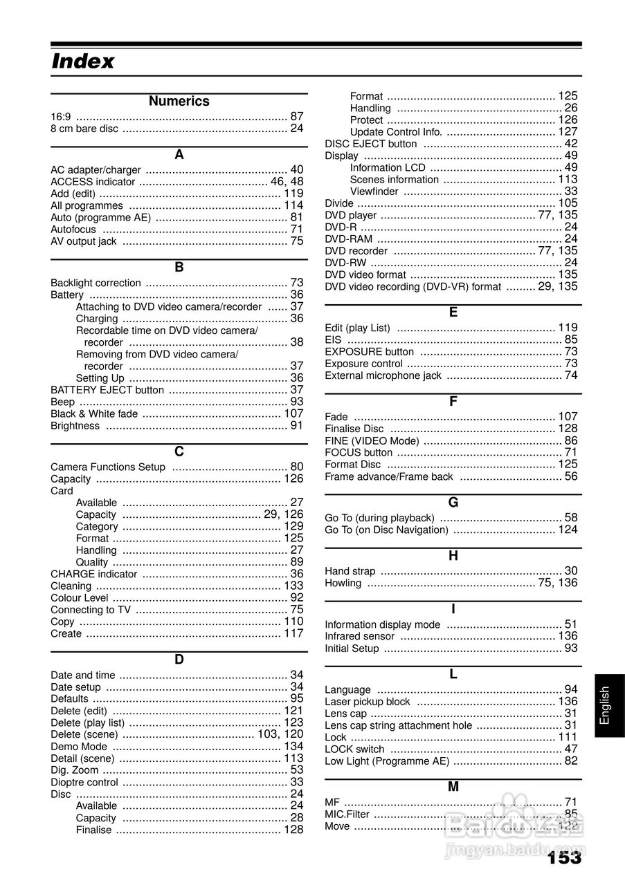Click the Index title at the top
pyautogui.click(x=83, y=62)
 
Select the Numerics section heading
pyautogui.click(x=179, y=101)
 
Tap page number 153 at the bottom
pyautogui.click(x=563, y=858)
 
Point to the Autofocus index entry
pyautogui.click(x=73, y=229)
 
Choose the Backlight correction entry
pyautogui.click(x=96, y=283)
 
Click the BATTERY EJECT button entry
pyautogui.click(x=107, y=390)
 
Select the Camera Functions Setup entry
pyautogui.click(x=108, y=467)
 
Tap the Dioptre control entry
pyautogui.click(x=84, y=782)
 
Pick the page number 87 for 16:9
pyautogui.click(x=297, y=116)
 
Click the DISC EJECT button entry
pyautogui.click(x=371, y=144)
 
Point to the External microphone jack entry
pyautogui.click(x=383, y=375)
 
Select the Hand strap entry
pyautogui.click(x=350, y=571)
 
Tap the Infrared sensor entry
pyautogui.click(x=360, y=636)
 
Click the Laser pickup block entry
pyautogui.click(x=368, y=702)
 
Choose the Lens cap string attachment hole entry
pyautogui.click(x=399, y=725)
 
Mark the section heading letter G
pyautogui.click(x=453, y=503)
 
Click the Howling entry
pyautogui.click(x=343, y=583)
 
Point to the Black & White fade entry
pyautogui.click(x=94, y=413)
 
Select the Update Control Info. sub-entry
pyautogui.click(x=396, y=132)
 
